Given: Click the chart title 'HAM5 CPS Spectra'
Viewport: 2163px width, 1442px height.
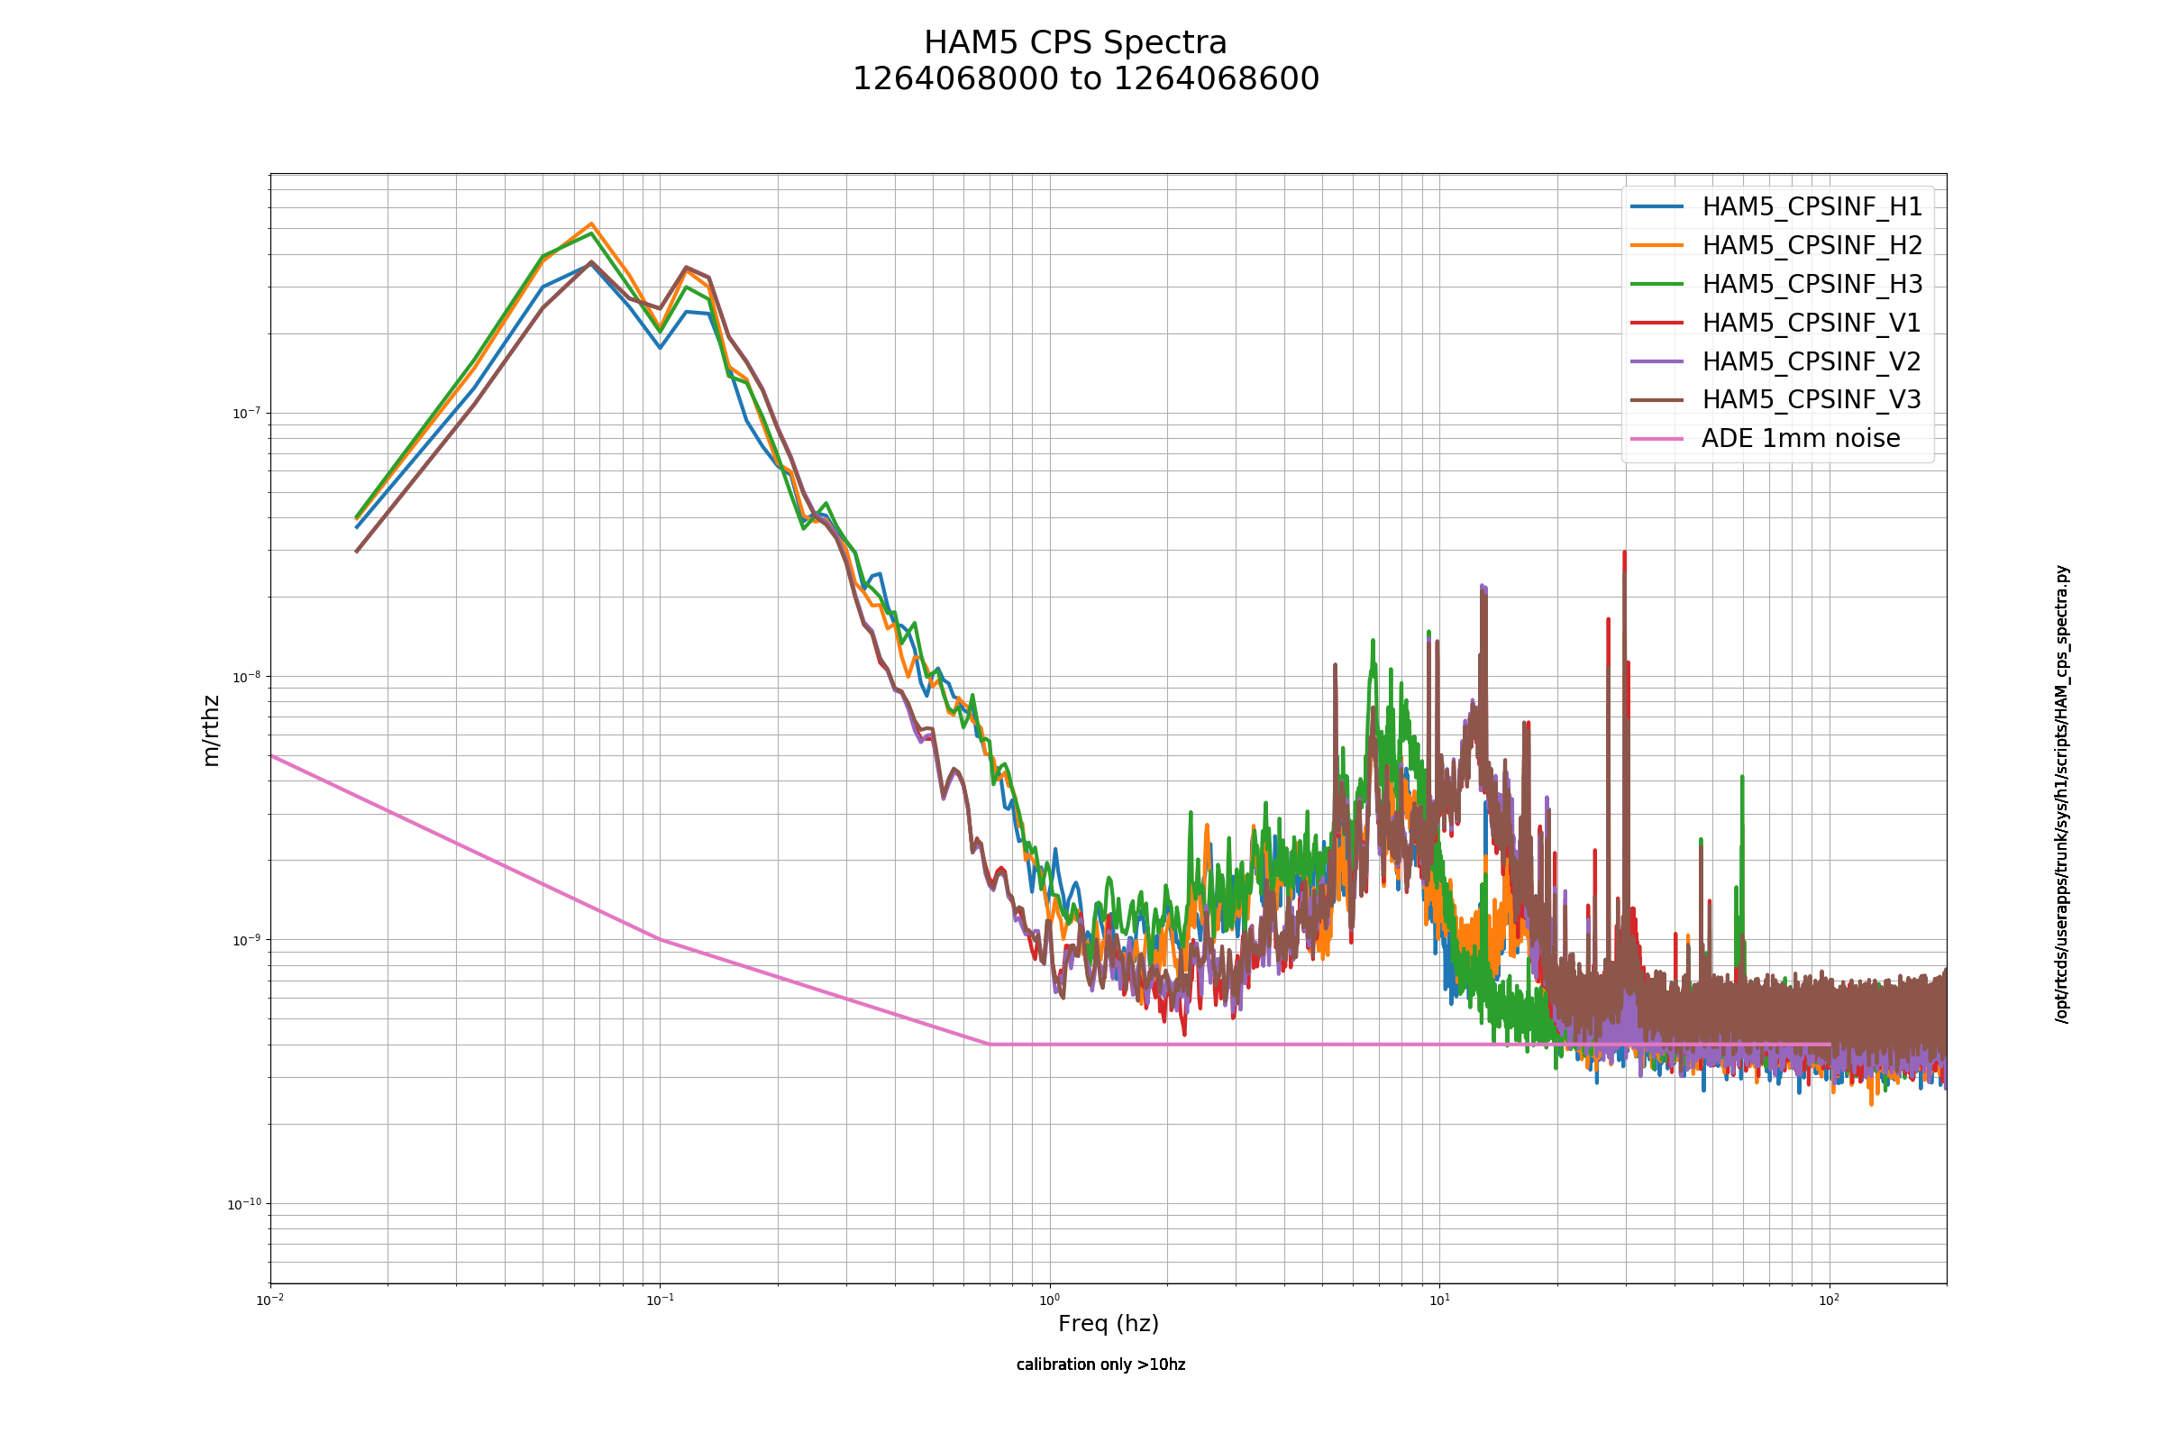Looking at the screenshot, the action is coord(1075,43).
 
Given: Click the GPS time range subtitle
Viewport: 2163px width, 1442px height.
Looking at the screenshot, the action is coord(1085,79).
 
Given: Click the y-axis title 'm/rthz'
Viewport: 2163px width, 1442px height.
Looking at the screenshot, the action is coord(211,731).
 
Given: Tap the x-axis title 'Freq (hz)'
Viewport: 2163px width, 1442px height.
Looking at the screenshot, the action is coord(1109,1324).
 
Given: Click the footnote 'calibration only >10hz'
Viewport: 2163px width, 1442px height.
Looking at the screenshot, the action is coord(1100,1364).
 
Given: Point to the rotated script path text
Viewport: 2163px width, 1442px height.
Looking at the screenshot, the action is coord(2062,795).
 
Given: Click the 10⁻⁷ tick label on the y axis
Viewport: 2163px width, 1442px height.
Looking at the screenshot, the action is coord(245,412).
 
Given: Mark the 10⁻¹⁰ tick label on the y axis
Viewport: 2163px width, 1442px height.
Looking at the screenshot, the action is coord(243,1204).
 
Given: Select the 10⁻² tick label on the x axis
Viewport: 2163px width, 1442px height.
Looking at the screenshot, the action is coord(270,1300).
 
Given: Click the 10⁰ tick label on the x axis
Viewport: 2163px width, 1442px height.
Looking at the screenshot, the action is coord(1049,1300).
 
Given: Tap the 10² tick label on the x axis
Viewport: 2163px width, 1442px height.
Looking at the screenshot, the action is coord(1830,1300).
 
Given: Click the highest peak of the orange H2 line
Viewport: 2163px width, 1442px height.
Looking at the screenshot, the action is coord(591,224).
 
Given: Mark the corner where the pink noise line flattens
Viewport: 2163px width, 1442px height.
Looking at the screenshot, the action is coord(990,1044).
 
